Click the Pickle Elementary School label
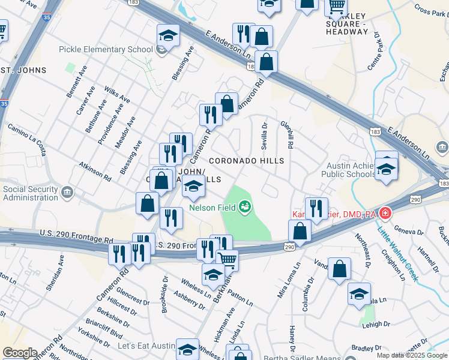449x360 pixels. (x=106, y=49)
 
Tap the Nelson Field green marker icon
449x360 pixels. (x=245, y=208)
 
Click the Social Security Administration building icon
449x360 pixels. (x=67, y=193)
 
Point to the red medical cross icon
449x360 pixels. (x=385, y=213)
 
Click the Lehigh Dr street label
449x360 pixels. (x=375, y=323)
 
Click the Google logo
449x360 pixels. (x=20, y=353)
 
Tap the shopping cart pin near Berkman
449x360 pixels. (x=227, y=260)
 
